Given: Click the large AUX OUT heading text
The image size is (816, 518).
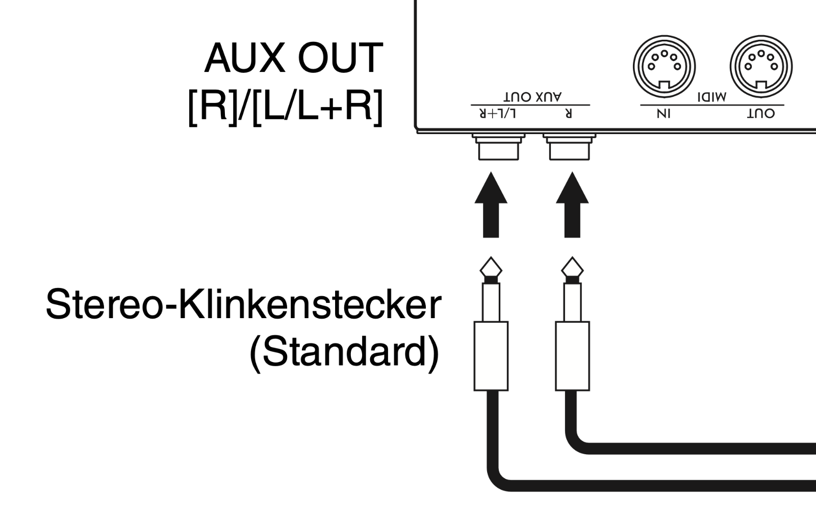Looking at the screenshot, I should point(293,58).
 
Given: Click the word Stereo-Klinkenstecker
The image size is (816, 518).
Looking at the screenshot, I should point(243,304).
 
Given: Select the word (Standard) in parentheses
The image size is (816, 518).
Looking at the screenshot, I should point(344,352).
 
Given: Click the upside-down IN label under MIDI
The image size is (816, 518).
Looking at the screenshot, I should point(664,113).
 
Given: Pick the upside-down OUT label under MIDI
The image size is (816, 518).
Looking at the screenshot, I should point(761,113).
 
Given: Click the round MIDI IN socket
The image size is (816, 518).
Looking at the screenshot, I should point(664,65).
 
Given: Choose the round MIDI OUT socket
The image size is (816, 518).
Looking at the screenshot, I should point(761,65).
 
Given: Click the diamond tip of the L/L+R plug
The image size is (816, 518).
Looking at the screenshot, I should point(491,267).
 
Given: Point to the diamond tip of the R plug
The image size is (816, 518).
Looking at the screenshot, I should point(572,267).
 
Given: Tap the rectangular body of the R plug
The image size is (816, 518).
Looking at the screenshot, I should point(572,356).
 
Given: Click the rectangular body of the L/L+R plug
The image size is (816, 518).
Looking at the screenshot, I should point(491,356).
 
